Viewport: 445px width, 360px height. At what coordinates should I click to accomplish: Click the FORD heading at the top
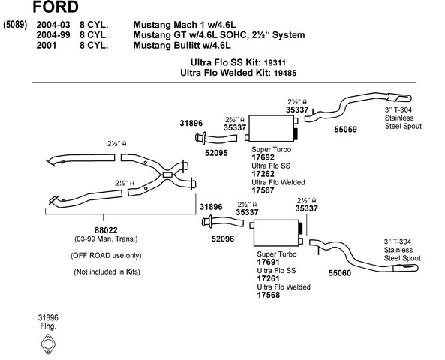click(x=56, y=7)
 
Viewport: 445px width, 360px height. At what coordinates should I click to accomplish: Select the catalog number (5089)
click(x=15, y=25)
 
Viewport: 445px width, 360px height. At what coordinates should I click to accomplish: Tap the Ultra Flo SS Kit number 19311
click(x=275, y=63)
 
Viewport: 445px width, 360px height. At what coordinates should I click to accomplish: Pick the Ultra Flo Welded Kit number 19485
click(x=285, y=73)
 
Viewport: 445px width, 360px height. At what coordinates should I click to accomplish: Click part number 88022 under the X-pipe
click(x=106, y=230)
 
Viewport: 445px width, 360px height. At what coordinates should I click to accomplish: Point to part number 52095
click(x=216, y=153)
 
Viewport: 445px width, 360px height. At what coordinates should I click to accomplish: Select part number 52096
click(x=223, y=238)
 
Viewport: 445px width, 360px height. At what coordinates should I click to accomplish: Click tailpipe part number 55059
click(x=345, y=130)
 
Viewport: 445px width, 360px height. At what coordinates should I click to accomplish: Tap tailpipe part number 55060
click(x=340, y=273)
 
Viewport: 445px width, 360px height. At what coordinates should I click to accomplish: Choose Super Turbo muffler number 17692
click(x=263, y=157)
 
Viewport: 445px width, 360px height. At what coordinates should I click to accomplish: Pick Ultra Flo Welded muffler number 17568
click(x=268, y=295)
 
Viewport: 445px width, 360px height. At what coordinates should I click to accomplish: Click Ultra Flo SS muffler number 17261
click(x=268, y=278)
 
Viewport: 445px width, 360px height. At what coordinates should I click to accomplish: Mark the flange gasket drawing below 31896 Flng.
click(x=48, y=343)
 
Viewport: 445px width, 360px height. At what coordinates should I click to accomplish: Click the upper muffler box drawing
click(x=272, y=128)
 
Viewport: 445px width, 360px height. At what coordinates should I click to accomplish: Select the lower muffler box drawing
click(x=276, y=233)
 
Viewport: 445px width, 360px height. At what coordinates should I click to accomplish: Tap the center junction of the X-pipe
click(x=167, y=175)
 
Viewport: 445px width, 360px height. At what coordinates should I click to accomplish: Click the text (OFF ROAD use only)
click(x=106, y=255)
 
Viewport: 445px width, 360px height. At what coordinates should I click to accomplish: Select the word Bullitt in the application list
click(x=189, y=46)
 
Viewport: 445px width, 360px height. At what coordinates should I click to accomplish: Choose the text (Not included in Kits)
click(x=107, y=271)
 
